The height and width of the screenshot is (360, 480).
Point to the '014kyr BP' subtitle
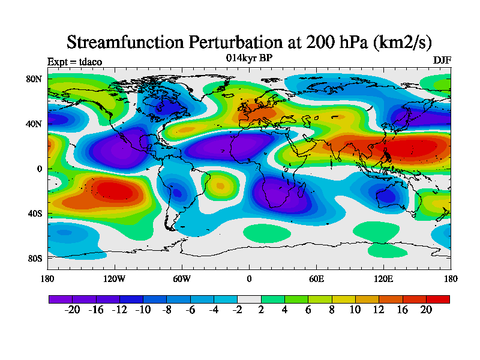click(249, 58)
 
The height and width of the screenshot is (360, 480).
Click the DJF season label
click(442, 61)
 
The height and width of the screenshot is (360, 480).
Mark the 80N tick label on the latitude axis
click(34, 79)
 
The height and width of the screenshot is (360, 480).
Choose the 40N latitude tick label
click(34, 124)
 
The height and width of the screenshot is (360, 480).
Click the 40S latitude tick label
click(34, 213)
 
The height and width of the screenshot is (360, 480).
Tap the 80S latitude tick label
click(34, 258)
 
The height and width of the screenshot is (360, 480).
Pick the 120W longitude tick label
click(115, 278)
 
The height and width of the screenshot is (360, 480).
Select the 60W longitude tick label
click(182, 278)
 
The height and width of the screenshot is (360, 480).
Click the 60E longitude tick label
click(316, 278)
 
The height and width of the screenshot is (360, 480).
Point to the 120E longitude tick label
click(383, 278)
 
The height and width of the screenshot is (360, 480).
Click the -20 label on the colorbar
click(72, 310)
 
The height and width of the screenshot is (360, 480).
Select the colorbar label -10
click(143, 310)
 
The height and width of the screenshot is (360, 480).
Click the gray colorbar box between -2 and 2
click(249, 298)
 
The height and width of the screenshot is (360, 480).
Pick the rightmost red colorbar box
click(438, 298)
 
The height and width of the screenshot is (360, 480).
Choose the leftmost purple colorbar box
click(60, 298)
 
